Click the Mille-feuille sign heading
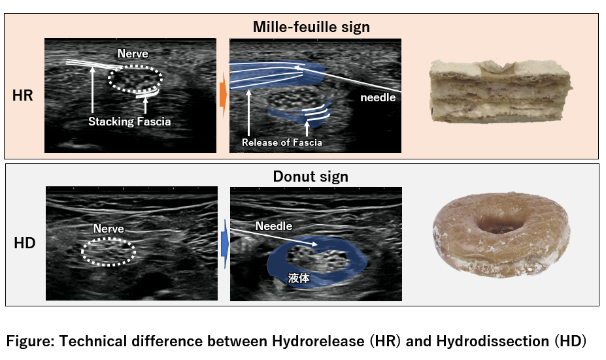(x=311, y=27)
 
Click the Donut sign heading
(x=311, y=176)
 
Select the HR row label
(x=22, y=95)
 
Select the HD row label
(x=25, y=243)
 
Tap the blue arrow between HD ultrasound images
(x=225, y=244)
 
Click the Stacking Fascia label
(x=129, y=122)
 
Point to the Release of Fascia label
(x=282, y=142)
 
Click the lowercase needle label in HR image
(x=378, y=98)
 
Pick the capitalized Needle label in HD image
(x=274, y=226)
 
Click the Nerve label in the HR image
(x=133, y=54)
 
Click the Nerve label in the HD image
(x=109, y=229)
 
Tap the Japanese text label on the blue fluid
(x=298, y=278)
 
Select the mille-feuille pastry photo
(x=501, y=91)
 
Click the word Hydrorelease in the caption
(x=318, y=342)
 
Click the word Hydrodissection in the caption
(x=492, y=342)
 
